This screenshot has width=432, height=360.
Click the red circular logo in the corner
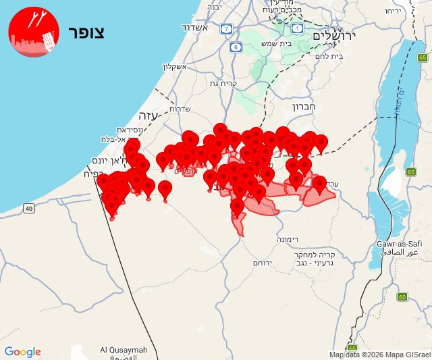coord(32,32)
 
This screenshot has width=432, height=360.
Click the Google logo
coord(22,352)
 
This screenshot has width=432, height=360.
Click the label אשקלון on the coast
coord(176,67)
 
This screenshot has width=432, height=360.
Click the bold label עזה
coord(148,115)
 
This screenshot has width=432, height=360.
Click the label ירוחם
coord(263,262)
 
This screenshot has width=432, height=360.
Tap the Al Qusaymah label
coord(124,350)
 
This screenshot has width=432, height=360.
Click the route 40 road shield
coord(28,209)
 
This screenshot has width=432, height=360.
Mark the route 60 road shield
coord(403,297)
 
